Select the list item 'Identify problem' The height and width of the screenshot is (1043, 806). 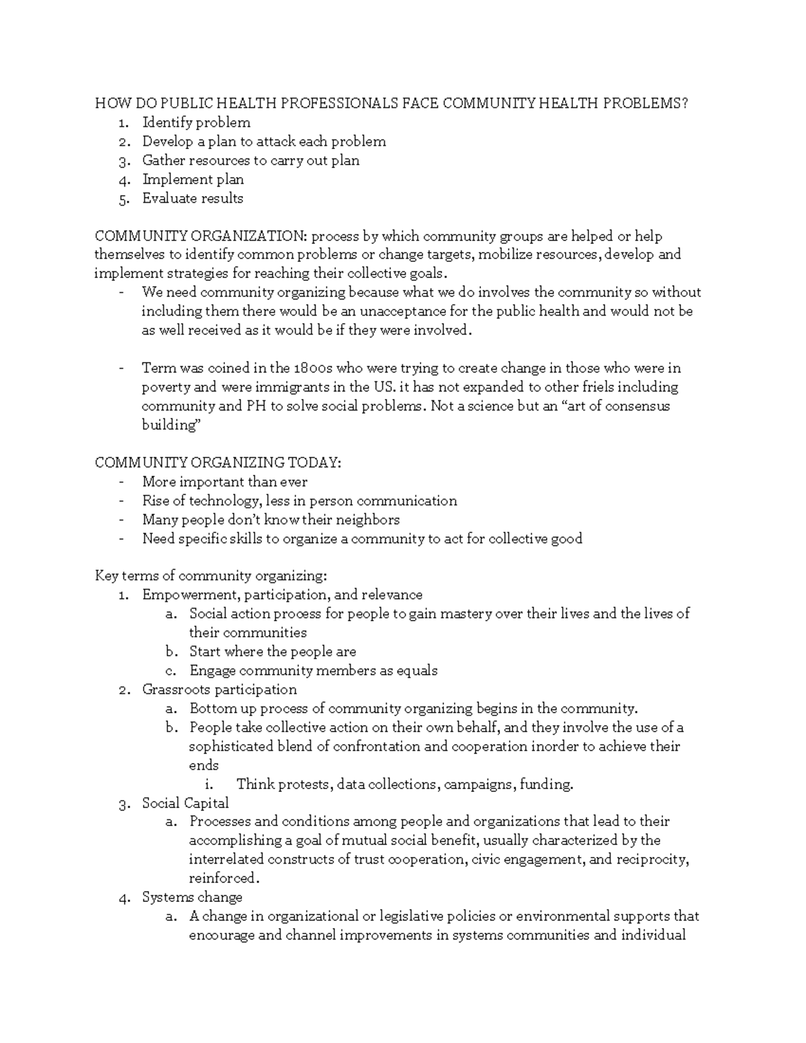195,122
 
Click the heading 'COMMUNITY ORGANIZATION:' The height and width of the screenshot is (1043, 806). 200,236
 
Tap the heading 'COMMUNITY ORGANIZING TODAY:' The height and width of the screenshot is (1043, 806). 218,463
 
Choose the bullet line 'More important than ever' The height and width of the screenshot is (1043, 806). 224,482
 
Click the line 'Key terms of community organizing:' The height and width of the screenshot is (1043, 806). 211,576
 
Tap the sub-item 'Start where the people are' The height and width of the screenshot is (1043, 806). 272,651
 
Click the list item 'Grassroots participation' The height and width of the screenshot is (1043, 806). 219,690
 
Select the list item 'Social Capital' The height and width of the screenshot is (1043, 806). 185,803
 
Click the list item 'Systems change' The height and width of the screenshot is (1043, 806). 192,897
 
